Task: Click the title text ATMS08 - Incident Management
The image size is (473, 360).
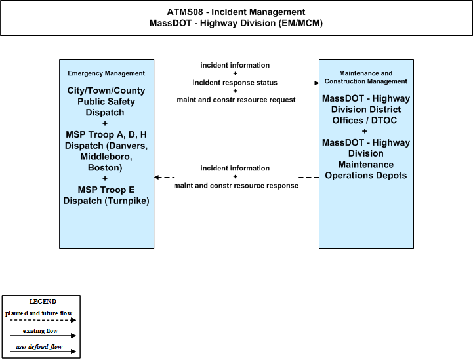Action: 236,12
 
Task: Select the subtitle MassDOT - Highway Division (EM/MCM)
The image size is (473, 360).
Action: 236,23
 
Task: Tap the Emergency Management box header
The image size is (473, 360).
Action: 106,73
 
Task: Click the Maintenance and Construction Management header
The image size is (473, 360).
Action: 366,77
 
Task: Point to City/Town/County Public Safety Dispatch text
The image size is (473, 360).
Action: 106,101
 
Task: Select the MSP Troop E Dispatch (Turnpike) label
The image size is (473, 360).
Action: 106,195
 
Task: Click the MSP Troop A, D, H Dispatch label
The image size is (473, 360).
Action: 106,151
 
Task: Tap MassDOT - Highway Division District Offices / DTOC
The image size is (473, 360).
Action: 366,109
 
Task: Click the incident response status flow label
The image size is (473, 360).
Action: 235,83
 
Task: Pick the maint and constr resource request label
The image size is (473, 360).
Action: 236,100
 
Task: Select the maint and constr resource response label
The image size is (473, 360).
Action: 236,186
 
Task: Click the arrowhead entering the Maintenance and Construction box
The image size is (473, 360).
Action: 317,83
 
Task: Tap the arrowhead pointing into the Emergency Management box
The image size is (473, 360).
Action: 156,177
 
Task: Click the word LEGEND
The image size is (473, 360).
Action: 43,302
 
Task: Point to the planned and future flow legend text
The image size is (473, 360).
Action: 39,313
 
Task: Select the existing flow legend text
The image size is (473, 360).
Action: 40,331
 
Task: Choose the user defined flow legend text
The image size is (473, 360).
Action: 39,347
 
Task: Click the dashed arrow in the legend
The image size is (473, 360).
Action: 43,320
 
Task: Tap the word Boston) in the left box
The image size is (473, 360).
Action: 105,168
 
